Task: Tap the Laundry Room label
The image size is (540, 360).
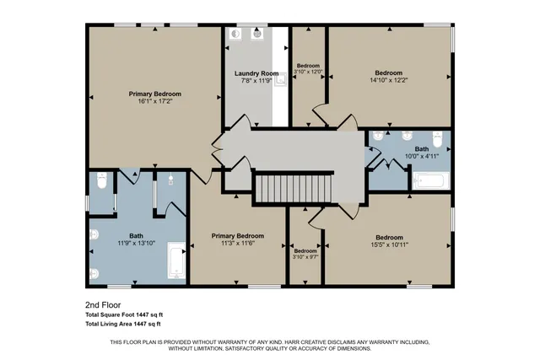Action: [x=256, y=74]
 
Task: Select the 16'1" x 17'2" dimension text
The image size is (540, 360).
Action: [x=154, y=101]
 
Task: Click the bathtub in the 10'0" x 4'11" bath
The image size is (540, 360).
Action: [x=431, y=180]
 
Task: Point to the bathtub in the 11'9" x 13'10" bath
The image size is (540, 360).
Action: [x=176, y=261]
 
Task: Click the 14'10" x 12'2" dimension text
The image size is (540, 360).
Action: [x=388, y=80]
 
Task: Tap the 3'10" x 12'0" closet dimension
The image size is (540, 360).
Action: [x=306, y=72]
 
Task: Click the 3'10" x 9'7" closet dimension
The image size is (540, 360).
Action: [x=305, y=258]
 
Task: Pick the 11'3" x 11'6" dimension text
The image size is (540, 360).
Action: [x=238, y=243]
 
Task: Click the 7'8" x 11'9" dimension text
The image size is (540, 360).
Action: [x=256, y=82]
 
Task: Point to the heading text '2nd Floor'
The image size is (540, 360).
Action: [x=99, y=304]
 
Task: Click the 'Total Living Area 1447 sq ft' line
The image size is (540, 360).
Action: [x=123, y=323]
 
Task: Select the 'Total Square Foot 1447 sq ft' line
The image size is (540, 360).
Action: [x=123, y=314]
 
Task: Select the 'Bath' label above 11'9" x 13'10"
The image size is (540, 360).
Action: [x=136, y=235]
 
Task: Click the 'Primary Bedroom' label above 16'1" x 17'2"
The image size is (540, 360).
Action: [x=154, y=94]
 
